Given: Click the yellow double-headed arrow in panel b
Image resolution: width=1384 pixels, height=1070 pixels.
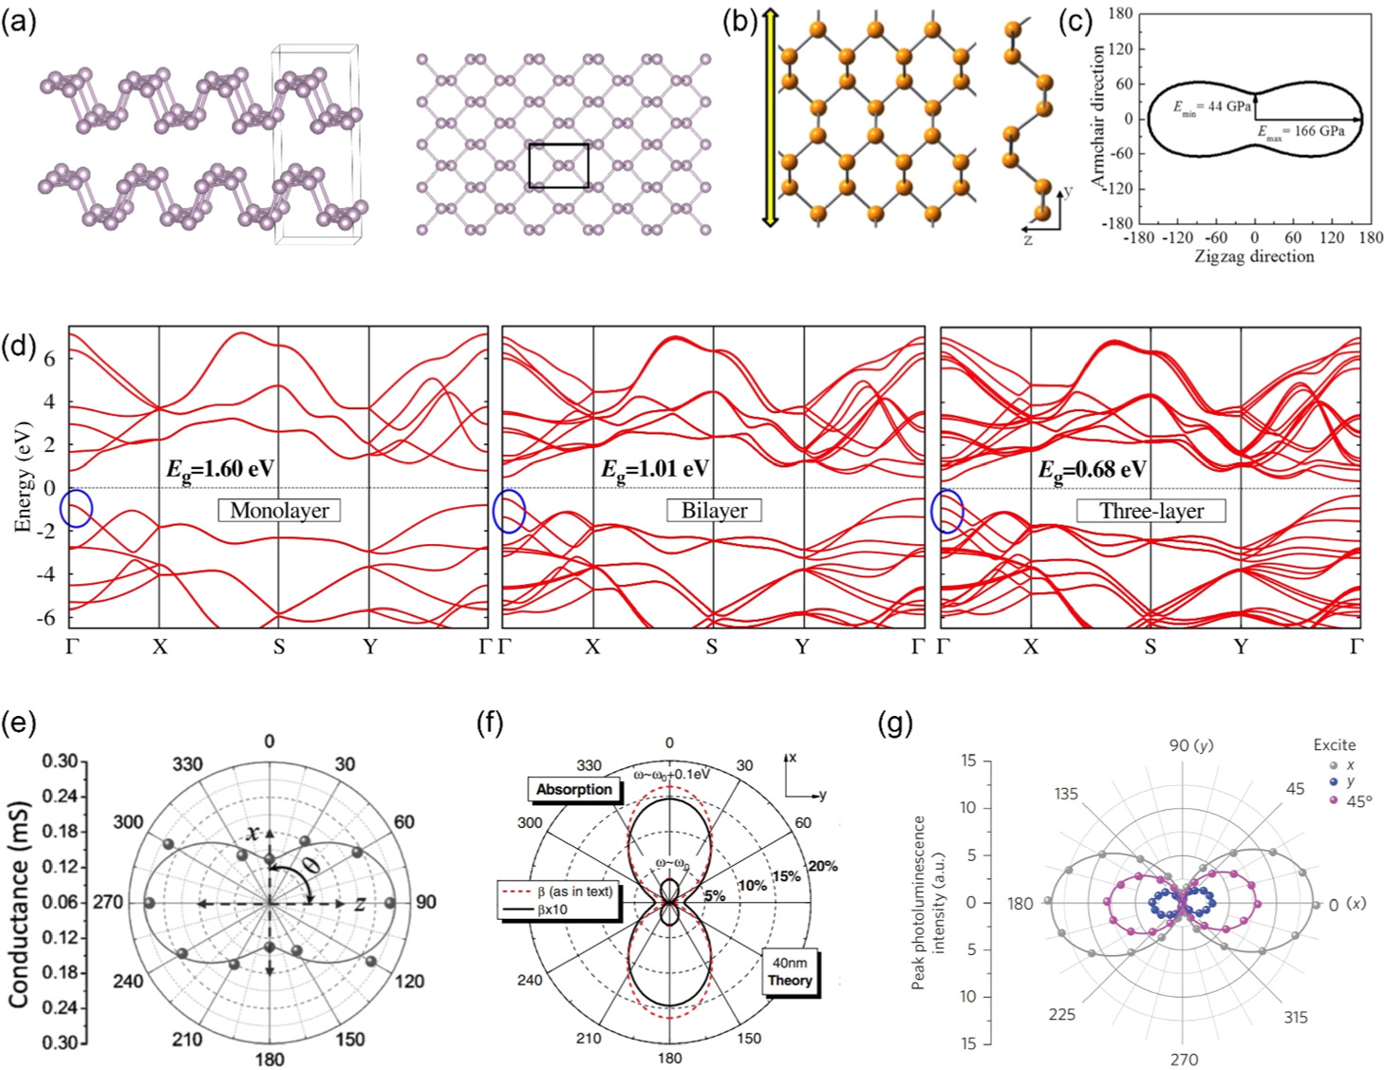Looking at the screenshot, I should click(x=770, y=118).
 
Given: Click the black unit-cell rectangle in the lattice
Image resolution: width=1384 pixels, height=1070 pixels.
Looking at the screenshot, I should click(x=558, y=165).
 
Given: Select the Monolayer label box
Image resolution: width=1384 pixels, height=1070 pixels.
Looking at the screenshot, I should click(x=279, y=511).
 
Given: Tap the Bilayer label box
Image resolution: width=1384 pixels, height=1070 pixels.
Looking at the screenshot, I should click(x=714, y=511).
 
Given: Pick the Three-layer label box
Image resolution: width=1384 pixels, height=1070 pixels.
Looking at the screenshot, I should click(x=1150, y=511).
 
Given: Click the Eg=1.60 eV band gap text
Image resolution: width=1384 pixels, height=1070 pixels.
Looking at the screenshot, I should click(x=220, y=469).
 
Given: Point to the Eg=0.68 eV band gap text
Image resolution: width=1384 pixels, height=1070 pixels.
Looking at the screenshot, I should click(x=1092, y=469).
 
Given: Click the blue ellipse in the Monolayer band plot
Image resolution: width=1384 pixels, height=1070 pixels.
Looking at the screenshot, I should click(x=76, y=509).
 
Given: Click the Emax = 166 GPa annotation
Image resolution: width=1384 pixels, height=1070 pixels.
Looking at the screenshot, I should click(x=1301, y=131).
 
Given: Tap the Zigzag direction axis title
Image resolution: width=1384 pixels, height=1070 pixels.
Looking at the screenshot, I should click(x=1253, y=256).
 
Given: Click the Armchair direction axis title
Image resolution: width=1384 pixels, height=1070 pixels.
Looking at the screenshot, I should click(x=1098, y=116).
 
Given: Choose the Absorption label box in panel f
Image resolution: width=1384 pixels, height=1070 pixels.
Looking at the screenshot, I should click(x=574, y=790).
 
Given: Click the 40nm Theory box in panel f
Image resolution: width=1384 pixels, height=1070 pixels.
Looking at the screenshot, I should click(x=790, y=971).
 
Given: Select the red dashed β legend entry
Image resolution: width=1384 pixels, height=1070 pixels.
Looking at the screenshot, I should click(x=558, y=892).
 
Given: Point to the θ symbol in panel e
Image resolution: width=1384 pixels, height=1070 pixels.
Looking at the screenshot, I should click(x=309, y=866).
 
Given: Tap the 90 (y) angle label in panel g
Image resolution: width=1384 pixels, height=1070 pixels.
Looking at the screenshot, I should click(x=1190, y=745).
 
